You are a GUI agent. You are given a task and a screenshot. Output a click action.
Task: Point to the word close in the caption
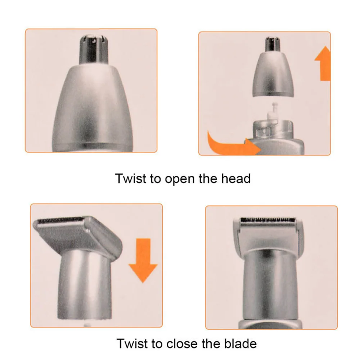click(182, 343)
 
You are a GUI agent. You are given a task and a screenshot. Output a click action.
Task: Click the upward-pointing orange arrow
click(323, 63)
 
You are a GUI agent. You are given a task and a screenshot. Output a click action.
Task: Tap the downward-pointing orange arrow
click(143, 260)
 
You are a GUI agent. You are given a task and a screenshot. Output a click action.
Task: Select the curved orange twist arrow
click(232, 145)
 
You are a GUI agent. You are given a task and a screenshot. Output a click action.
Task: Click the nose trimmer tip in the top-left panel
click(94, 49)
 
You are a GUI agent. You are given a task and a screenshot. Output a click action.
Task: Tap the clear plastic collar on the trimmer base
click(273, 129)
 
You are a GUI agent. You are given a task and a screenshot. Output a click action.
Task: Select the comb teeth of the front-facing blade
click(268, 220)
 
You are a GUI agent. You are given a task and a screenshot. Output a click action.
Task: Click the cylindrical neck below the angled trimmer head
click(85, 285)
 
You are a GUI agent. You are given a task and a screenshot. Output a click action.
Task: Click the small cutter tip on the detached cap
click(273, 44)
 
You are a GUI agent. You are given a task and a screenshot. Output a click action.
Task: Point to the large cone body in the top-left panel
click(93, 108)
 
